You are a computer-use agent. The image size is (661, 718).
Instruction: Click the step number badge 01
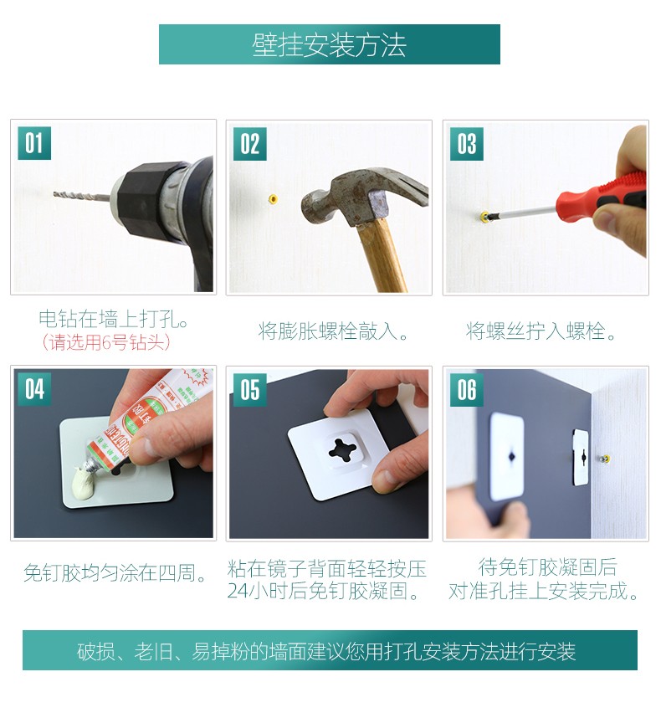[x=33, y=143]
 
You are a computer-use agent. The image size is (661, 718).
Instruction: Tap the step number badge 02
[x=250, y=144]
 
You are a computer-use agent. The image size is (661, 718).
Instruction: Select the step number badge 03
[x=466, y=144]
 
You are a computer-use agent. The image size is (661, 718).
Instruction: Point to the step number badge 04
[x=33, y=390]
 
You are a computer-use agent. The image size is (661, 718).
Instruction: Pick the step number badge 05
[x=250, y=390]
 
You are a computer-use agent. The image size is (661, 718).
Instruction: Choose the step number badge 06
[x=466, y=390]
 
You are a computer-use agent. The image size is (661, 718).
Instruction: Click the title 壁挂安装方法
[x=329, y=45]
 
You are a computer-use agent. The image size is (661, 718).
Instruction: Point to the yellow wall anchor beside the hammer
[x=274, y=198]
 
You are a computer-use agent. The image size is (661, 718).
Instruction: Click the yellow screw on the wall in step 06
[x=605, y=459]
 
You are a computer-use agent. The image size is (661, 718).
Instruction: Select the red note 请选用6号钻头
[x=105, y=342]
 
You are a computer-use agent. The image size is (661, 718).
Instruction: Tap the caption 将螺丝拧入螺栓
[x=541, y=331]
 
